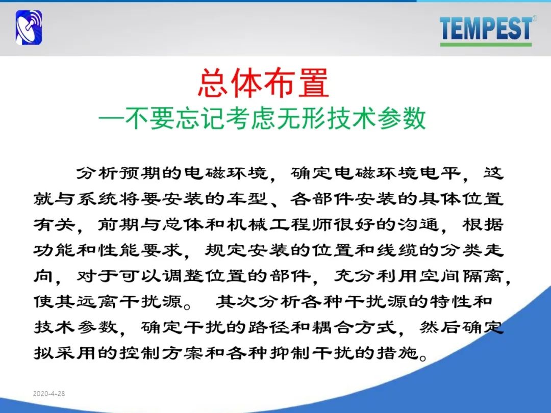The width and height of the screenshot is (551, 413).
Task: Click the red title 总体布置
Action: coord(263,83)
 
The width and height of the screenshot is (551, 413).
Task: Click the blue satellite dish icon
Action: coord(29,28)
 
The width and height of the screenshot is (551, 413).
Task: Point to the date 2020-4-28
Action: coord(49,394)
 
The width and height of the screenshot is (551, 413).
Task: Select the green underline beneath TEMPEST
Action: coord(486,44)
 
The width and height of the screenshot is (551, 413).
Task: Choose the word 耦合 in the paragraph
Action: coord(332,327)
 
